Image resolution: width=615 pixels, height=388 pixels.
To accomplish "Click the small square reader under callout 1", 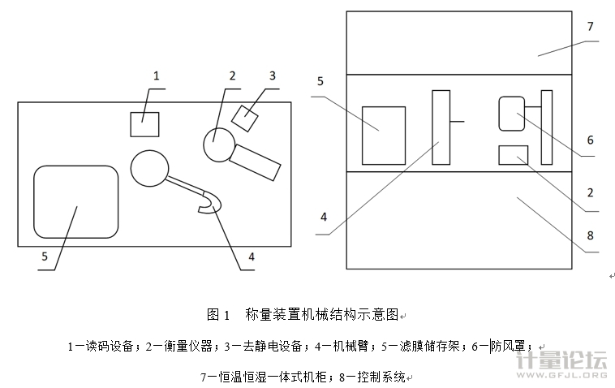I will [x=144, y=124].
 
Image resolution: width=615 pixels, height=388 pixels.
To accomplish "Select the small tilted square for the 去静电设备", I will [x=244, y=118].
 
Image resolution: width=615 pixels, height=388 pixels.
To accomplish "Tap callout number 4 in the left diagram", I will [x=252, y=257].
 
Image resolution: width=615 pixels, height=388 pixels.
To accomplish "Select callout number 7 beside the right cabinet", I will [x=590, y=27].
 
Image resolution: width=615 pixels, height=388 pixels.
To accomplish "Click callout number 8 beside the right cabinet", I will [x=590, y=235].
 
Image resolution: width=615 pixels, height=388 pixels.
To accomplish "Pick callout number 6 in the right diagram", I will [x=590, y=140].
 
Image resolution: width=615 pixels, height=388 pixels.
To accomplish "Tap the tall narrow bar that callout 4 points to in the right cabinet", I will [x=441, y=127].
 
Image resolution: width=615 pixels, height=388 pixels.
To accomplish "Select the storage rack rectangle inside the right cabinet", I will [x=383, y=134].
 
